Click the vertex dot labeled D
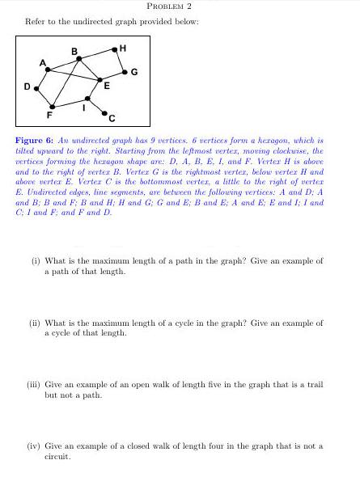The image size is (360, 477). click(x=34, y=84)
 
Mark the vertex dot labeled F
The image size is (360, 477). click(x=53, y=106)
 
